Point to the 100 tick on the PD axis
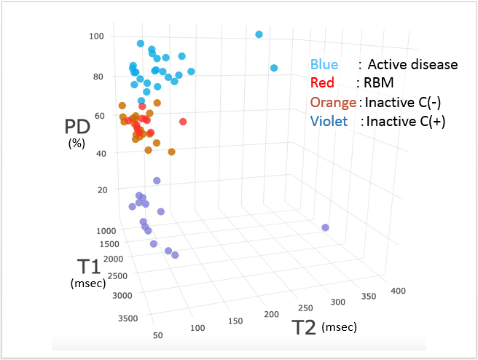[x=97, y=36]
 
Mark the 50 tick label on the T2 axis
[x=158, y=335]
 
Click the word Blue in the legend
[x=324, y=64]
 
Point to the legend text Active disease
[x=412, y=64]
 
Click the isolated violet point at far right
[x=325, y=228]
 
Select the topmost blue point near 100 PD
[x=259, y=34]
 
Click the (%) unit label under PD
[x=77, y=144]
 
